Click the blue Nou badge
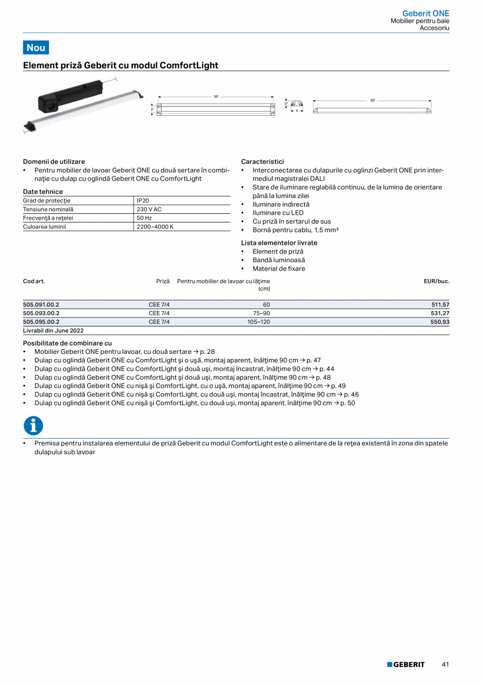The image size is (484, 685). pos(36,47)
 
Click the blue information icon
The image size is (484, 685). pos(33,425)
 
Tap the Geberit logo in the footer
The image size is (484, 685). pos(406,664)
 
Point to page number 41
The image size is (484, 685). pos(445,664)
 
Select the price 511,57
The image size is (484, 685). pos(440,305)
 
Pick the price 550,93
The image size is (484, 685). pos(440,322)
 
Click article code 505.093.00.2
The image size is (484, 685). pos(41,313)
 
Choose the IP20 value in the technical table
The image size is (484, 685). pos(143,201)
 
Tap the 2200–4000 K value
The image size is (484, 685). pos(155,226)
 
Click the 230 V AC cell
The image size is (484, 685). pos(149,209)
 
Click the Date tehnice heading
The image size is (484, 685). pos(43,192)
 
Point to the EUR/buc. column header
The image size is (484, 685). pos(436,281)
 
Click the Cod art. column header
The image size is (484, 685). pos(34,281)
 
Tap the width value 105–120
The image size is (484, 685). pos(258,322)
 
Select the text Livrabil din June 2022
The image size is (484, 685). pos(53,331)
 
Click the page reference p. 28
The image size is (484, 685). pos(207,352)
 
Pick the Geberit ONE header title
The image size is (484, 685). pos(426,13)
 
